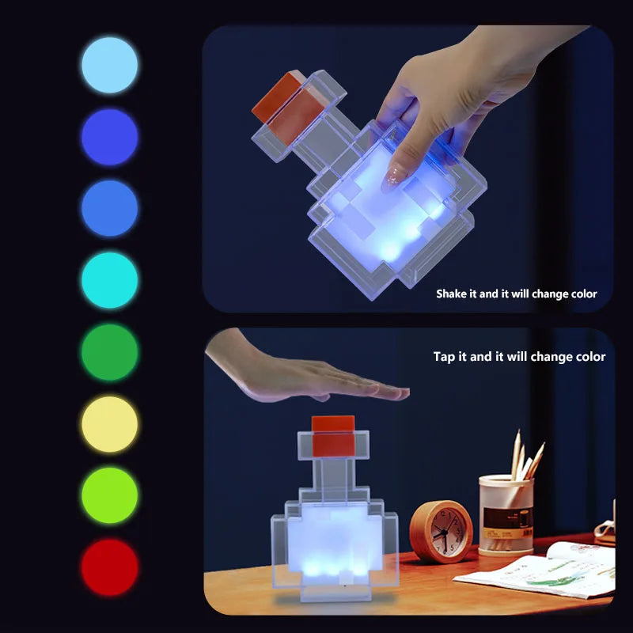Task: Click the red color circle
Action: click(x=109, y=567)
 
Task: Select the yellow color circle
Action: click(x=109, y=424)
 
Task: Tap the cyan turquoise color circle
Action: click(x=109, y=280)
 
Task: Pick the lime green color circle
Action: click(x=109, y=495)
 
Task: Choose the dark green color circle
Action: click(x=109, y=352)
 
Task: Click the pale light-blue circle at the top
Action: click(x=109, y=65)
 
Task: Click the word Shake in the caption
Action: click(x=453, y=294)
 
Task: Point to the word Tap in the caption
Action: click(x=444, y=357)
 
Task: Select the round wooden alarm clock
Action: click(x=441, y=532)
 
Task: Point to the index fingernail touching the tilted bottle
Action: click(x=392, y=180)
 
